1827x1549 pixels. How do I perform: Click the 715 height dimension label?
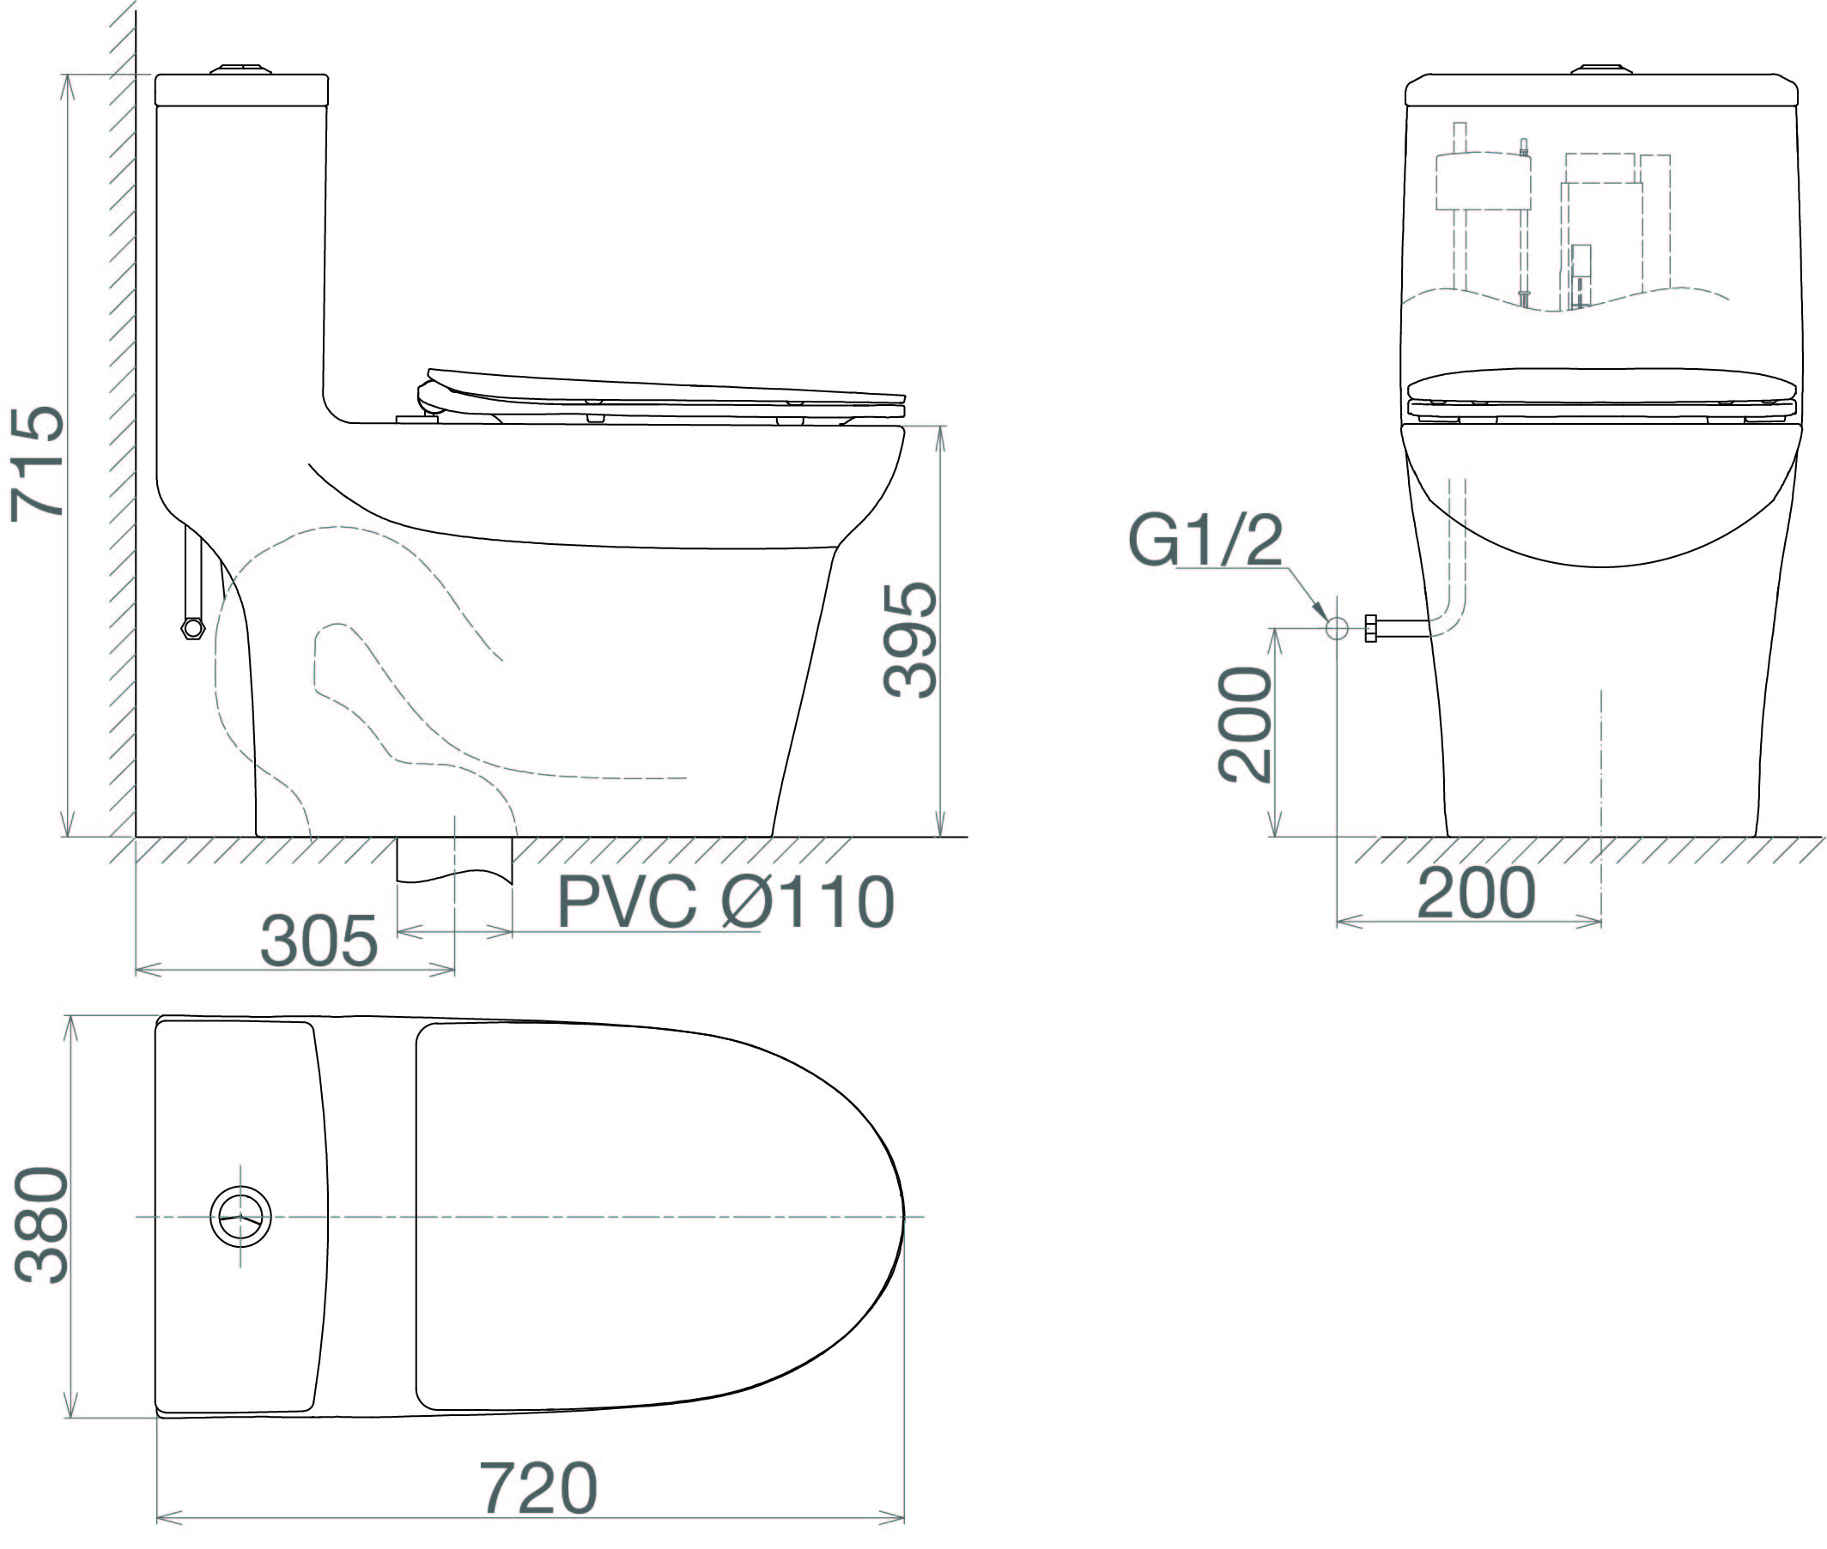point(37,462)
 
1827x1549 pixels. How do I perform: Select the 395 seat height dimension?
point(910,640)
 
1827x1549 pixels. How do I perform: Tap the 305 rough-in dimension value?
point(319,941)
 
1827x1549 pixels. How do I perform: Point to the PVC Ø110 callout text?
point(725,902)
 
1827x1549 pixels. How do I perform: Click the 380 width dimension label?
point(41,1225)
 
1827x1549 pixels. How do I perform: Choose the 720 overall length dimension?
point(537,1487)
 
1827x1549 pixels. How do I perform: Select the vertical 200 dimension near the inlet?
point(1245,723)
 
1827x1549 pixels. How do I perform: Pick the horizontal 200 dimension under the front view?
point(1477,893)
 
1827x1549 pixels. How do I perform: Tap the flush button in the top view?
point(240,1216)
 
